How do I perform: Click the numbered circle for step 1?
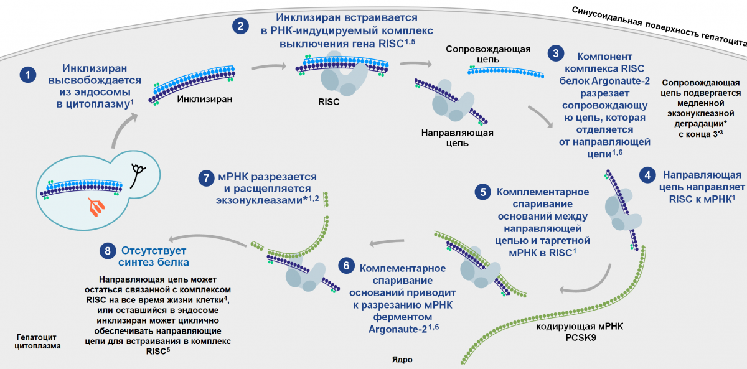click(27, 75)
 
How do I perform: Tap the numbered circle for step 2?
click(240, 26)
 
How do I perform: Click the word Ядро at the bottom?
click(402, 360)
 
